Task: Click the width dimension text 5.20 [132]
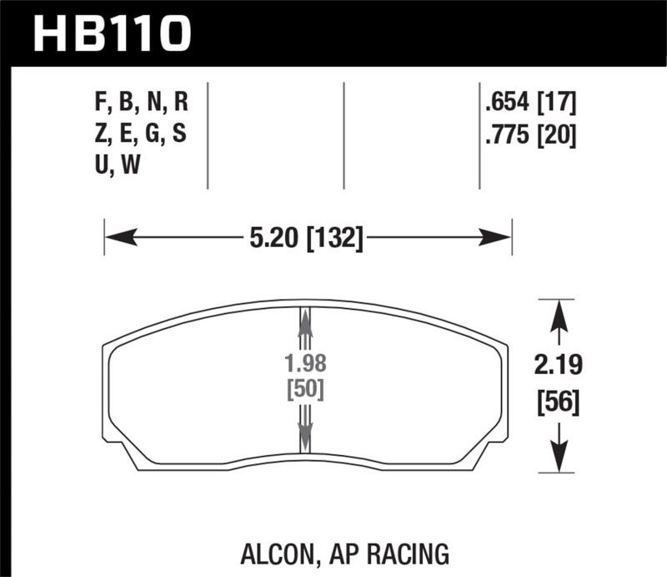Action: [x=307, y=240]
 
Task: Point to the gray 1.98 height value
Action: [x=305, y=364]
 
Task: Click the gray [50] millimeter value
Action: [x=305, y=389]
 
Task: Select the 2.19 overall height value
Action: [x=557, y=364]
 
